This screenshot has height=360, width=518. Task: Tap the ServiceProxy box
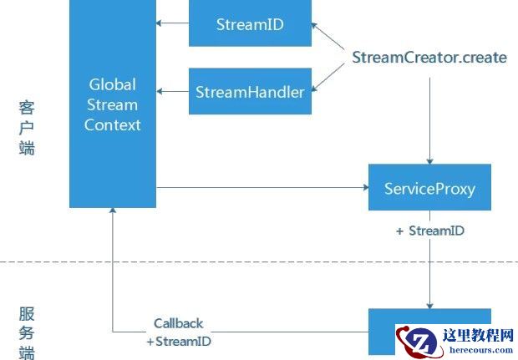(429, 188)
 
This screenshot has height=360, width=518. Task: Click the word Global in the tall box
(112, 85)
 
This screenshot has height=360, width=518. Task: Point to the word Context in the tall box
(112, 125)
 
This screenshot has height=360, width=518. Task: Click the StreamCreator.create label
(429, 58)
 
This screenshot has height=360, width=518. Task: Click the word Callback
(178, 323)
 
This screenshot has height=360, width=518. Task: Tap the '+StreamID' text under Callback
(178, 341)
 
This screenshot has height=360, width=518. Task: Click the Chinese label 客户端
(27, 129)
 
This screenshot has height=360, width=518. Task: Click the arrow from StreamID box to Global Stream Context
(173, 24)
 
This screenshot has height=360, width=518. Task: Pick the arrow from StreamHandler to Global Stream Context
(173, 91)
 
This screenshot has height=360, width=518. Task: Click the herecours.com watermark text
(485, 352)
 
